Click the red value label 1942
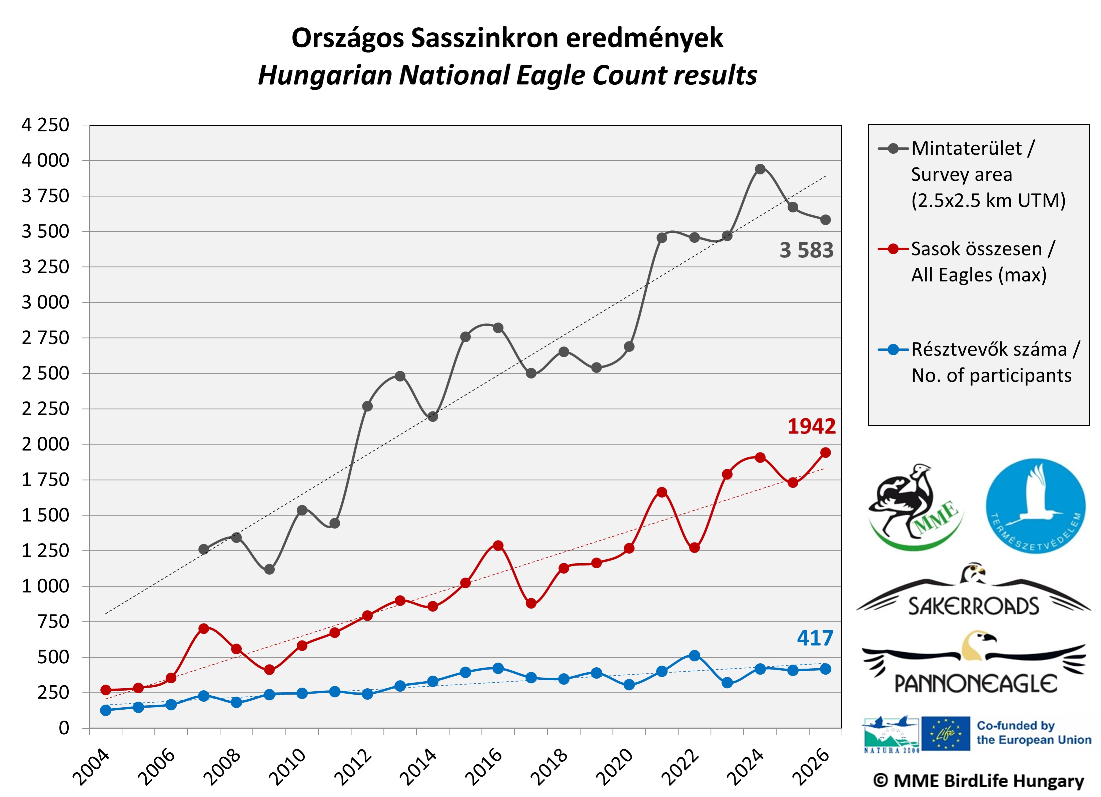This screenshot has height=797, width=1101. (811, 426)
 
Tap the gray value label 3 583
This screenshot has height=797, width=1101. (806, 250)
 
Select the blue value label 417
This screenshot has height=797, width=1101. (815, 638)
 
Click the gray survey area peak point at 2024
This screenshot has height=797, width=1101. (760, 169)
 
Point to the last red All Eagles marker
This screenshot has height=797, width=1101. (825, 453)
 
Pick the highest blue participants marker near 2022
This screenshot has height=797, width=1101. (694, 655)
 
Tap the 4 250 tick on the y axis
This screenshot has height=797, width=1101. (45, 125)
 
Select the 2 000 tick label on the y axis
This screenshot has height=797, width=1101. (45, 444)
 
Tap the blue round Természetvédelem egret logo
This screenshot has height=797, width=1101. (1035, 506)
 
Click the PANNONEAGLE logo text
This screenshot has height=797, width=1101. (976, 683)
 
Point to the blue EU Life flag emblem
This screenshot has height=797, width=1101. (945, 733)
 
